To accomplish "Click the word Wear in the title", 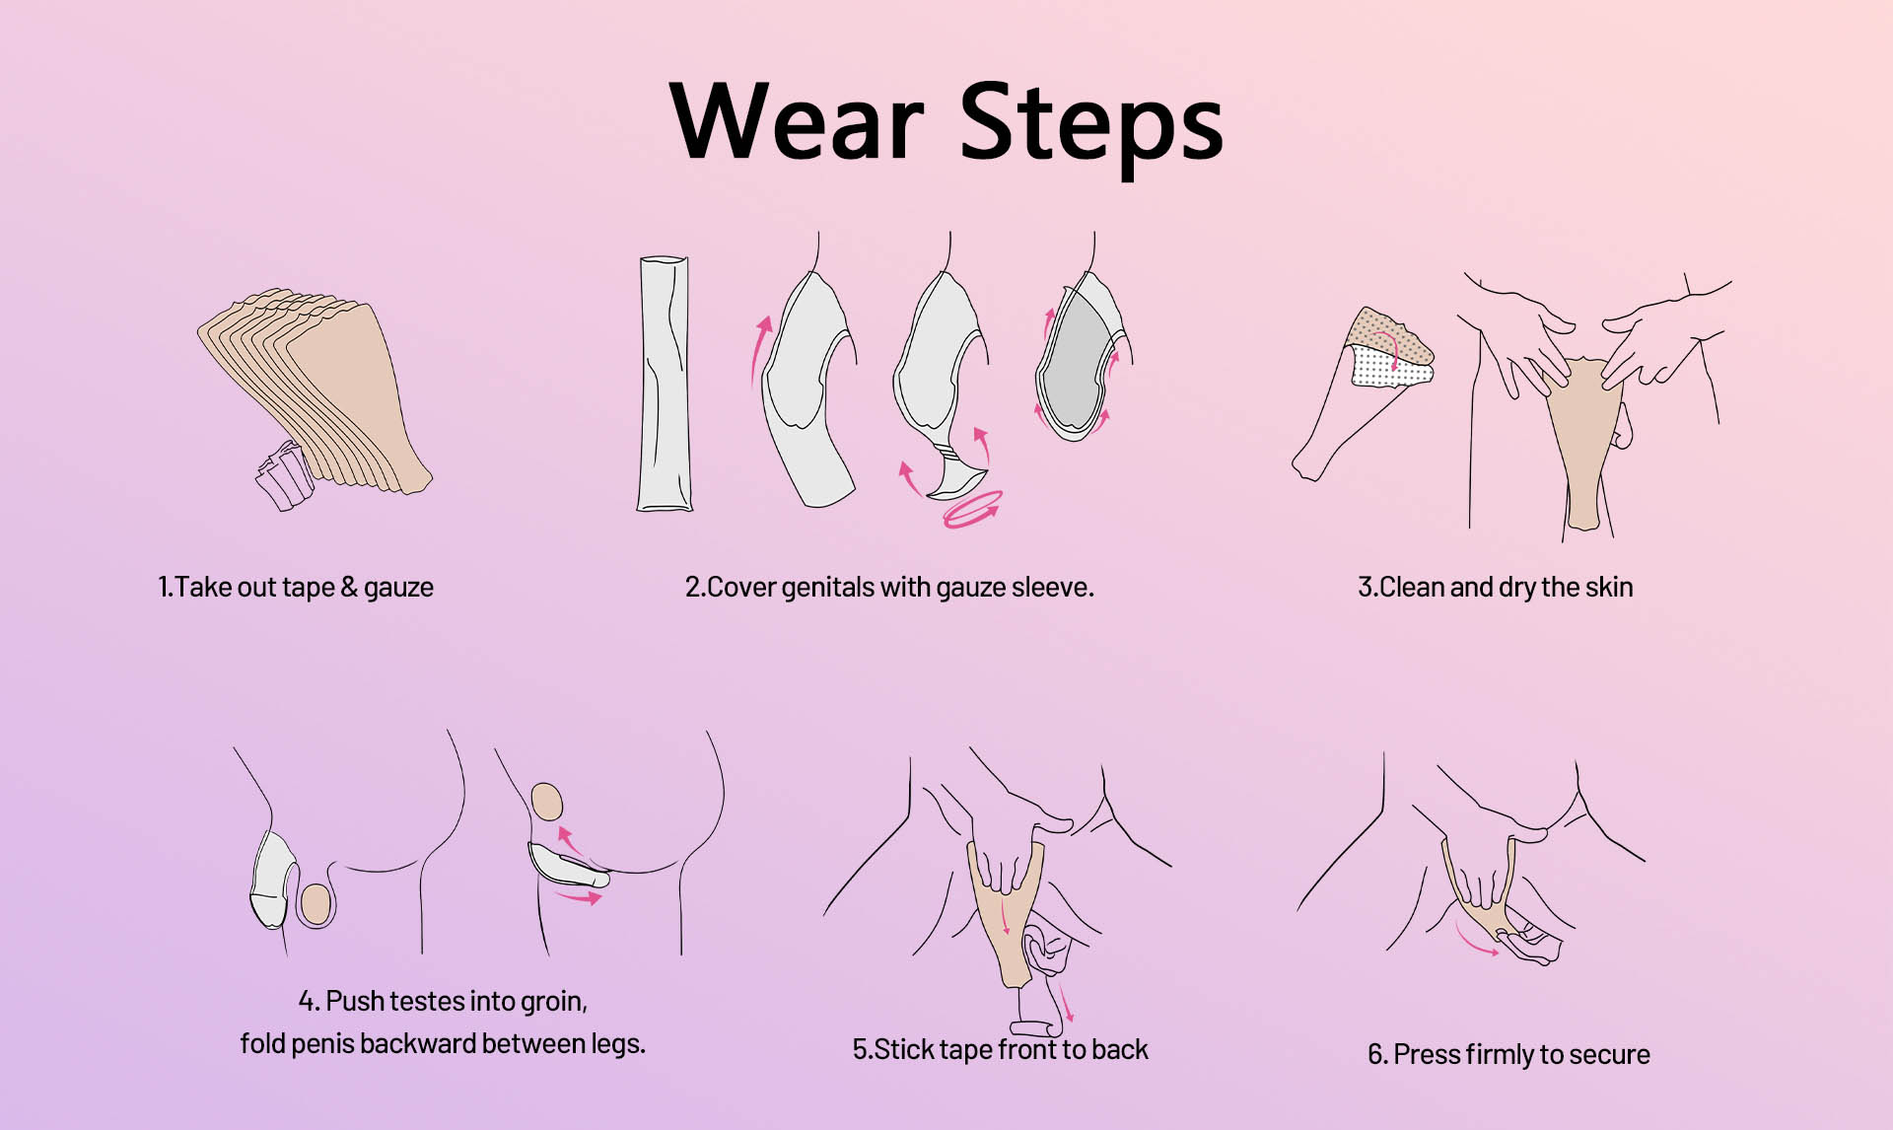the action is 796,121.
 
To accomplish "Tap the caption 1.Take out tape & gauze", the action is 296,588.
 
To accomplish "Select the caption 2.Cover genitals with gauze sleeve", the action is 889,588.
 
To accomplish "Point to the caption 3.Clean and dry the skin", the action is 1495,588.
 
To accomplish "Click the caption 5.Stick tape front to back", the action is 1000,1049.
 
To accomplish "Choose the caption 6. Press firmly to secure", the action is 1508,1055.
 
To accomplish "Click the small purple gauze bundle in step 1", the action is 284,475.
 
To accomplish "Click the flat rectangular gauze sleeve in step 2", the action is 664,384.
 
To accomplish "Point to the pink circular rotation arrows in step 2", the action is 972,510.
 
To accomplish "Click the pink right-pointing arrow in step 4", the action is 579,896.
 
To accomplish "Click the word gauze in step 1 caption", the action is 398,589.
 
